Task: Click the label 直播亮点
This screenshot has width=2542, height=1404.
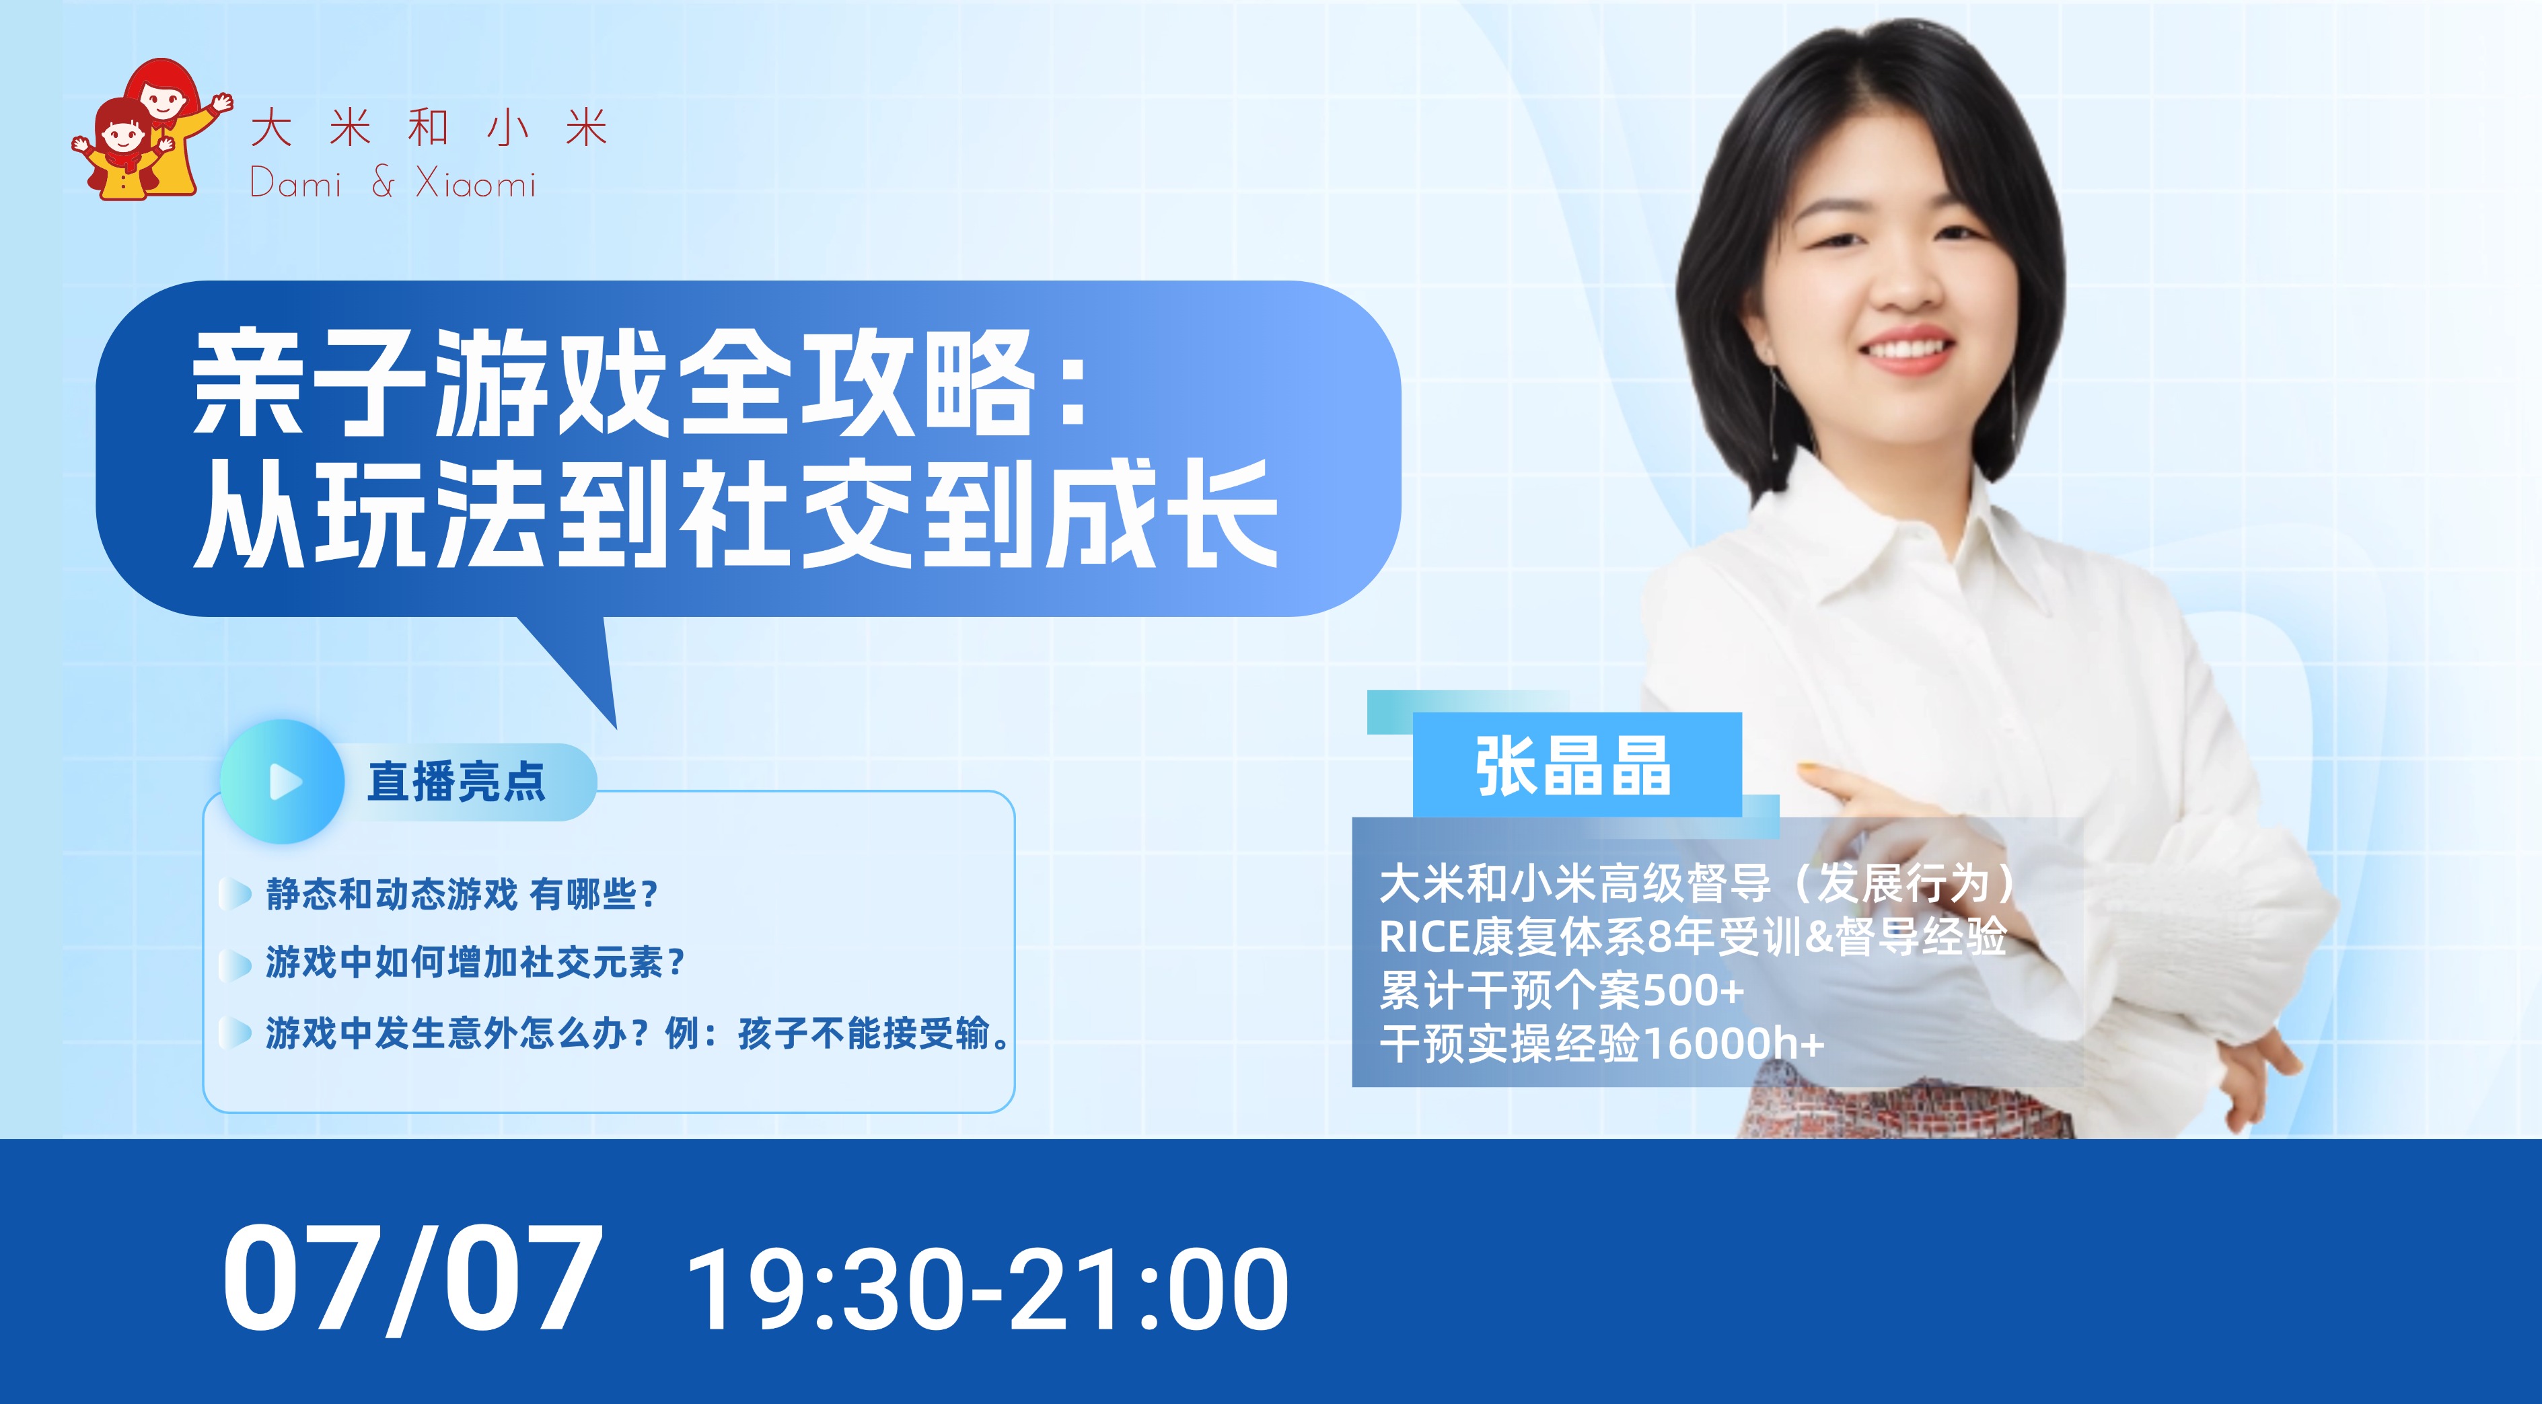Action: [x=456, y=782]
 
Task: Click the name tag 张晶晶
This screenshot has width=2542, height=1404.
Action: [x=1573, y=766]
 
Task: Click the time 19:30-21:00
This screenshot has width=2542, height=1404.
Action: [x=988, y=1288]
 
